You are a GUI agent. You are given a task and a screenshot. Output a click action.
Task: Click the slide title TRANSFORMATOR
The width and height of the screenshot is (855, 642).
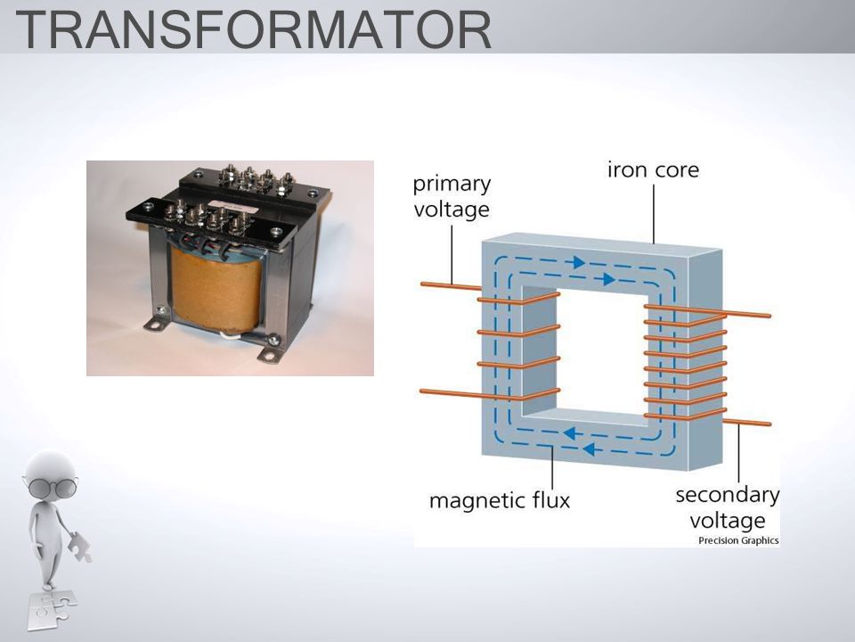254,29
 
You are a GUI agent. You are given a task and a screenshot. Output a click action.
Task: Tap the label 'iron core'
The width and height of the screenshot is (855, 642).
653,169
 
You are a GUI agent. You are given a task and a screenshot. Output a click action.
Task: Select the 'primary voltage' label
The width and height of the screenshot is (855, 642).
452,197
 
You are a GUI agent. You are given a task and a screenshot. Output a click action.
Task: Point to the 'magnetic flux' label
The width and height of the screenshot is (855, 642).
500,500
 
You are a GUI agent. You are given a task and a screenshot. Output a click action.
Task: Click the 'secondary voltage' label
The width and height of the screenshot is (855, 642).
728,507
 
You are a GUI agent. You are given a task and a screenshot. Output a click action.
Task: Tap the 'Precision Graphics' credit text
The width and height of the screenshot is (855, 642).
738,540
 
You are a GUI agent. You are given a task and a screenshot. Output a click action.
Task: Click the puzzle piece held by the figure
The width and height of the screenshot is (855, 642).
80,547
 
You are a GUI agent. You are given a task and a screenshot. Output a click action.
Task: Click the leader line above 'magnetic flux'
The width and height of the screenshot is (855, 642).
552,467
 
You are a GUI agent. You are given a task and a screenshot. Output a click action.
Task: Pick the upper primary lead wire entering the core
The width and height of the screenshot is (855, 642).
451,286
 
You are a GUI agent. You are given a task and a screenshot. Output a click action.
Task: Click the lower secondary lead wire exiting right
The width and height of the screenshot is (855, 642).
747,422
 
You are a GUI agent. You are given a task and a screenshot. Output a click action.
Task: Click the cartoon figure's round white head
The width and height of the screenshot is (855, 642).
50,473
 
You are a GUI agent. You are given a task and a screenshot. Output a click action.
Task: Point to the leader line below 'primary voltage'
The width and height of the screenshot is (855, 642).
452,256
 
